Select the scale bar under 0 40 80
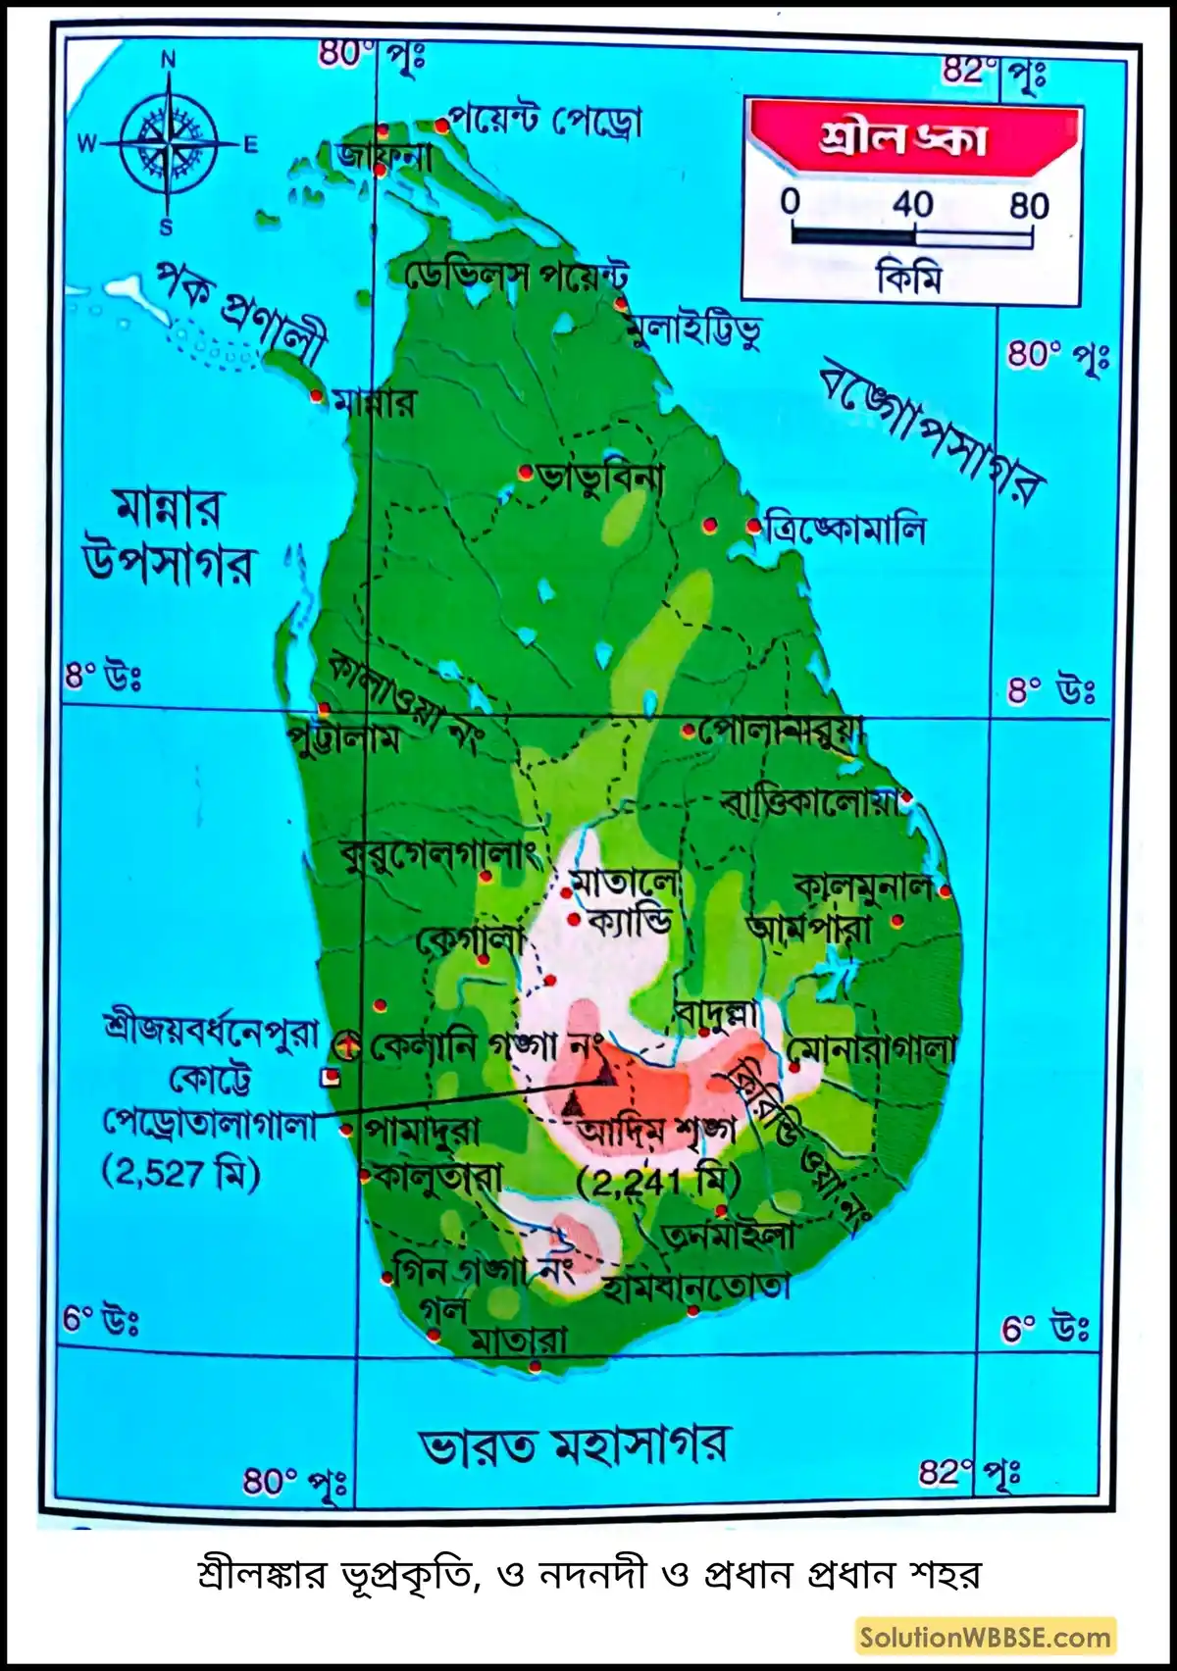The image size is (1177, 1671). click(x=912, y=236)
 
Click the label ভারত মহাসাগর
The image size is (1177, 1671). click(x=574, y=1445)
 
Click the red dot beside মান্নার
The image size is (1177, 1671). click(x=316, y=396)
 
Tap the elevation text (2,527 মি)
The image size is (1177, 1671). click(x=180, y=1173)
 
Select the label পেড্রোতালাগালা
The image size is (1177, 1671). click(x=211, y=1125)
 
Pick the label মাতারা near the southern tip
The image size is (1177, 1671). click(x=519, y=1341)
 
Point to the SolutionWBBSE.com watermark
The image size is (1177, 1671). click(x=985, y=1637)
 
